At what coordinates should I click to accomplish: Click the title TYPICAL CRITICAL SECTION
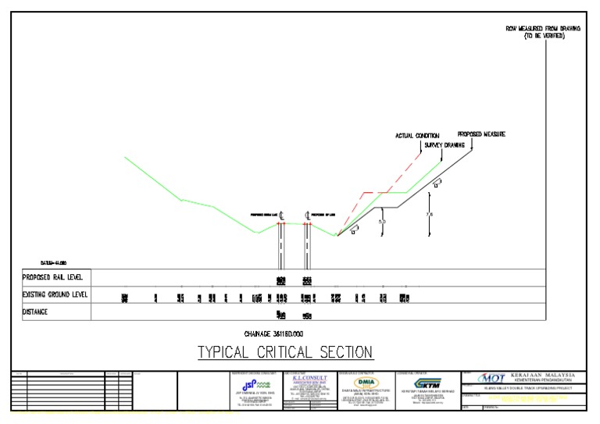coord(284,352)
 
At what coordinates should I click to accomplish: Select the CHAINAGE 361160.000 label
coord(284,332)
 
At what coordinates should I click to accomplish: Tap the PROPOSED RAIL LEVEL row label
coord(53,277)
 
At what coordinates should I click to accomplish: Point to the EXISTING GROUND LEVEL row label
coord(55,294)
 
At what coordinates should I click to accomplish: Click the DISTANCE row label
coord(35,312)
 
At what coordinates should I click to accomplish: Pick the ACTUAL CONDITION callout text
coord(417,136)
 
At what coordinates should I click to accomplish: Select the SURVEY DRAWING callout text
coord(445,145)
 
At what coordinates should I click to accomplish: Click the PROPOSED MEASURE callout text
coord(481,134)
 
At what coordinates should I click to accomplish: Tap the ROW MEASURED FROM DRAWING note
coord(543,29)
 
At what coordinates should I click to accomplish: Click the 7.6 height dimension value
coord(429,214)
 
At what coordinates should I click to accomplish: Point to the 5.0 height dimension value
coord(382,222)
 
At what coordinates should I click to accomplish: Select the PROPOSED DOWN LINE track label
coord(263,215)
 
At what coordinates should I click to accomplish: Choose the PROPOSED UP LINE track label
coord(323,215)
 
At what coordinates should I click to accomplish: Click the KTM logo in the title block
coord(429,384)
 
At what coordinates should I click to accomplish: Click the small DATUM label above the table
coord(53,262)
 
